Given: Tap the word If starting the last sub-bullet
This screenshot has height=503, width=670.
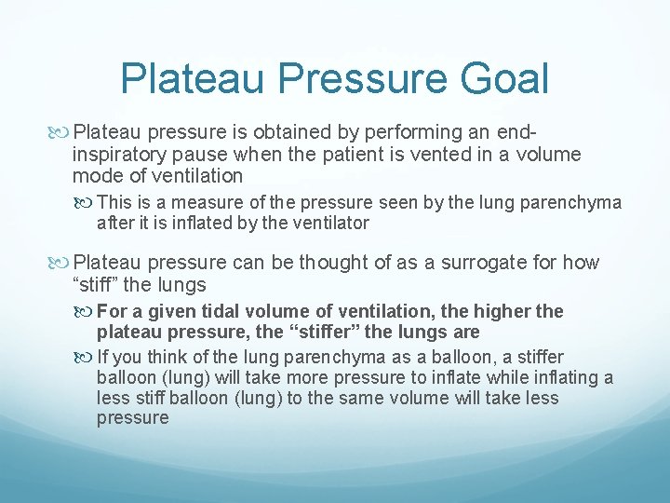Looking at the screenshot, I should [x=103, y=357].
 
